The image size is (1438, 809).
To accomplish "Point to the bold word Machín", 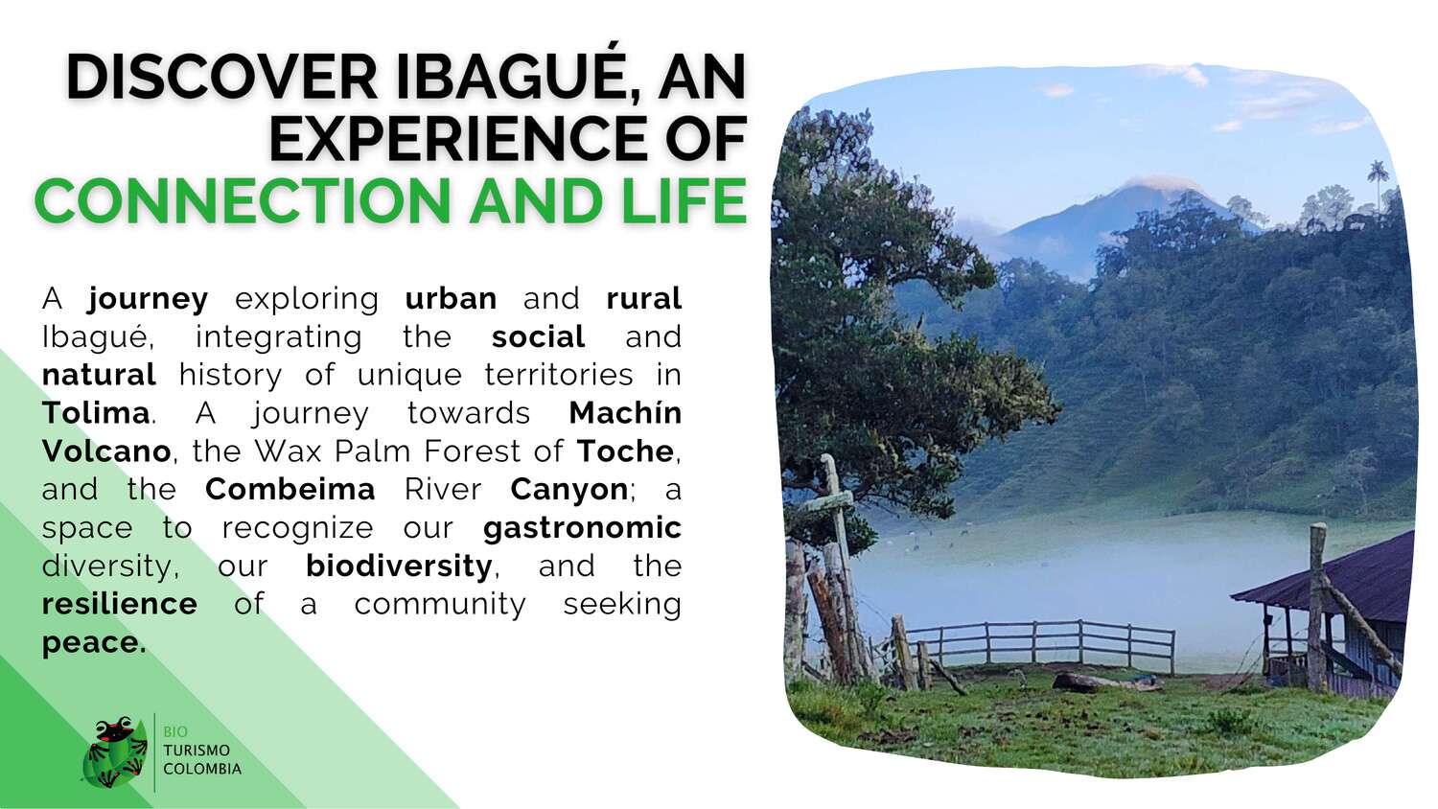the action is pyautogui.click(x=625, y=413).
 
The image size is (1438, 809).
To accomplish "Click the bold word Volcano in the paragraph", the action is pyautogui.click(x=106, y=451).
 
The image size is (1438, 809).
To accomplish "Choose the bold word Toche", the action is pyautogui.click(x=625, y=451).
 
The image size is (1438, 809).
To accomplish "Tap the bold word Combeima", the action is pyautogui.click(x=290, y=489).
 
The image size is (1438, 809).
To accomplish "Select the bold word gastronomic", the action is pyautogui.click(x=582, y=528).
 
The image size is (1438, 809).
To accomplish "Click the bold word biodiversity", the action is pyautogui.click(x=399, y=566).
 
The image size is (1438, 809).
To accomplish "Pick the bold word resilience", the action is pyautogui.click(x=120, y=604).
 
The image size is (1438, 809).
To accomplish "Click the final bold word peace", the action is pyautogui.click(x=94, y=643).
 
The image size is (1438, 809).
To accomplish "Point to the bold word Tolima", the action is pyautogui.click(x=96, y=413).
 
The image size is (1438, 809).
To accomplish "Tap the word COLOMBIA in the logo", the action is pyautogui.click(x=202, y=769).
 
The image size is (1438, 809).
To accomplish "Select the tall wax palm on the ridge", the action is pyautogui.click(x=1378, y=184).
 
